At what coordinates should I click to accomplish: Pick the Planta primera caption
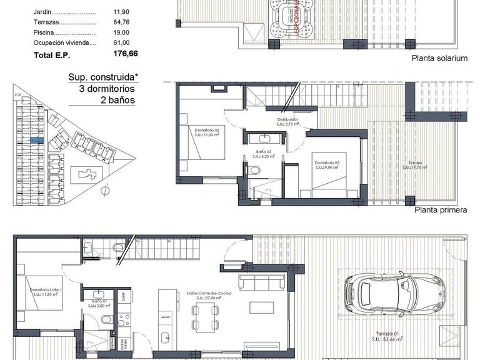click(x=441, y=210)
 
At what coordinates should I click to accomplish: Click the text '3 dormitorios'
click(x=107, y=89)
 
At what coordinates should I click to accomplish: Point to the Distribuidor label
click(x=288, y=119)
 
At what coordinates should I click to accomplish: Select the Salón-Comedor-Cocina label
click(x=214, y=292)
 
